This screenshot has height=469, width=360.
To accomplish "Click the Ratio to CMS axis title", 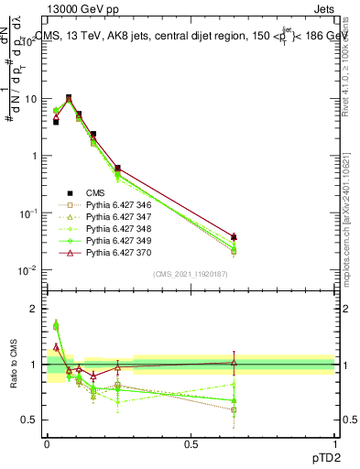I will (x=14, y=365).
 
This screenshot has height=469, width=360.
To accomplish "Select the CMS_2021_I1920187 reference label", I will (x=191, y=274).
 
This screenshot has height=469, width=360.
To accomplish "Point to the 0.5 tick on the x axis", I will (x=191, y=443).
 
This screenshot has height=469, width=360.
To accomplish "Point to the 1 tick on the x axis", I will (x=335, y=443).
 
